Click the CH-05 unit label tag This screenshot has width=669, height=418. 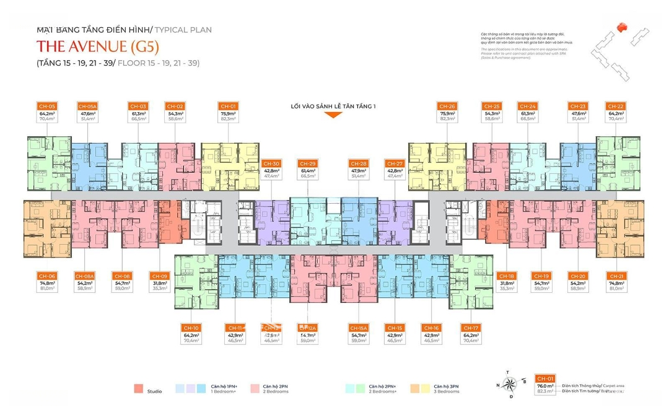(x=47, y=106)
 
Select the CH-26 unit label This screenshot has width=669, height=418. (x=447, y=106)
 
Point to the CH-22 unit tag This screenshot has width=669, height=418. (x=616, y=106)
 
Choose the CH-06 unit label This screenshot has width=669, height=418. (x=47, y=276)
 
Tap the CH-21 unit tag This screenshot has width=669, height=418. (x=616, y=276)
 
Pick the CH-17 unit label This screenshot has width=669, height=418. (x=471, y=327)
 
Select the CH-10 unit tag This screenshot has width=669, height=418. (x=191, y=327)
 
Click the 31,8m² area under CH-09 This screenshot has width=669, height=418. (x=159, y=282)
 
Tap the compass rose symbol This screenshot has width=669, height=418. (x=510, y=385)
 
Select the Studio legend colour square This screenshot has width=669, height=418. (x=138, y=389)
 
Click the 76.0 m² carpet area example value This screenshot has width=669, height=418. (x=545, y=385)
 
